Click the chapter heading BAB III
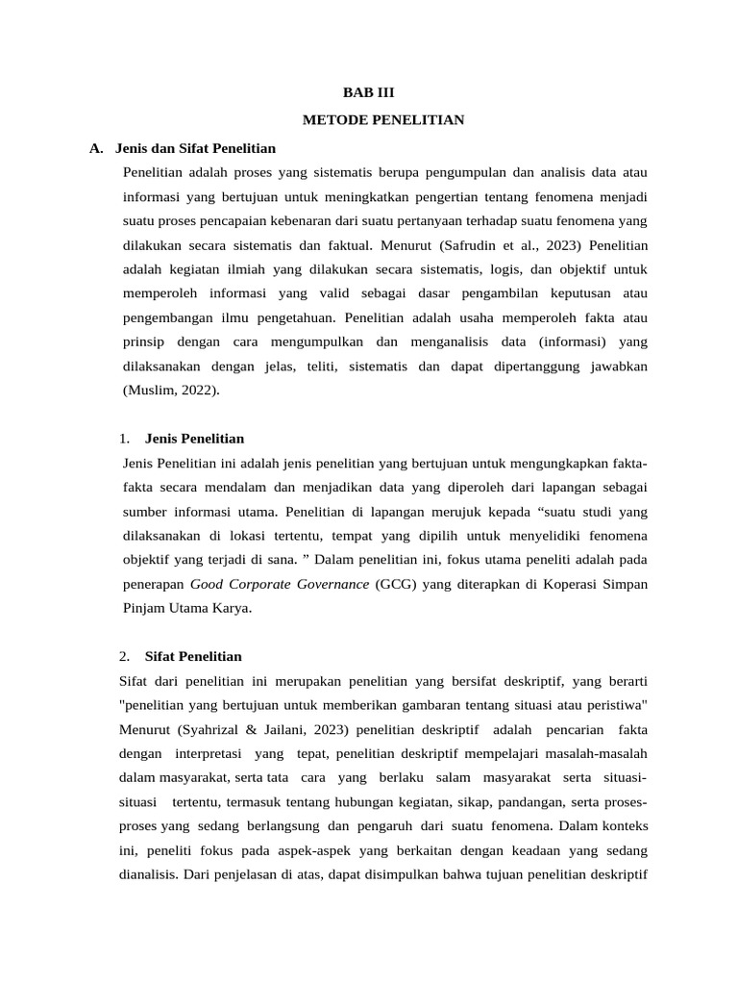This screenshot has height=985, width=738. click(x=369, y=93)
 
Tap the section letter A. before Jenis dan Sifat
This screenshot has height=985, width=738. click(x=96, y=148)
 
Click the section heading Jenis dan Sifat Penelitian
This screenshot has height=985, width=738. click(x=195, y=148)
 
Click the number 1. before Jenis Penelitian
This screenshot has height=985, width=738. click(x=126, y=439)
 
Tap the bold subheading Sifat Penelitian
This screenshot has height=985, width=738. click(x=193, y=656)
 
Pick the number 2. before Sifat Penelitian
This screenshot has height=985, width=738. click(x=126, y=656)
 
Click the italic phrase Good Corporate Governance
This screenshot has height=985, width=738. click(x=280, y=584)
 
